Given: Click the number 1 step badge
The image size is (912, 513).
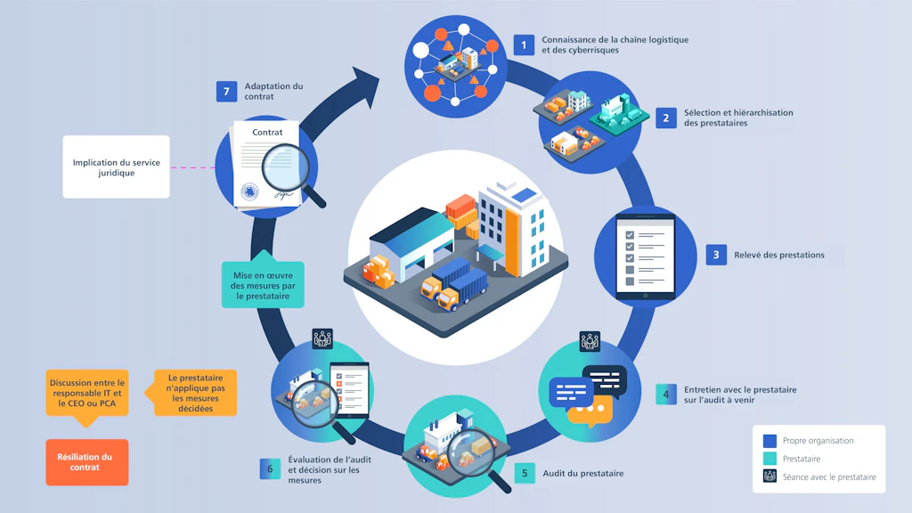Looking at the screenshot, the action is point(524,45).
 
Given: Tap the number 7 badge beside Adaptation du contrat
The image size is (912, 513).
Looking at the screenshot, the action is point(226,92).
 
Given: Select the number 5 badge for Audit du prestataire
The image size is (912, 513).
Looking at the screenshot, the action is point(525,473).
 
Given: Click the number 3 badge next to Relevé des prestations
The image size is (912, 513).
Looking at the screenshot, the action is point(716,255).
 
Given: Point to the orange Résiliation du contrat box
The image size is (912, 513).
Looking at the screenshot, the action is point(87,462).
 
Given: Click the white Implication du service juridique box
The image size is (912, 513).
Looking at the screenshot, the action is point(117,167).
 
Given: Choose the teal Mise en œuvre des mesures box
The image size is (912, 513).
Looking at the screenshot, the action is point(263,283).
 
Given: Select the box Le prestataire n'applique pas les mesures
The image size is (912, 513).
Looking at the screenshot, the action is point(194,393).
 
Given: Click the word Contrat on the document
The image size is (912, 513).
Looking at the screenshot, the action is point(267,132).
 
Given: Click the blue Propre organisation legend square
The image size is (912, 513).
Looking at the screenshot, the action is point(769,441).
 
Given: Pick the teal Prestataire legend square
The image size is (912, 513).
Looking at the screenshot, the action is point(769,459).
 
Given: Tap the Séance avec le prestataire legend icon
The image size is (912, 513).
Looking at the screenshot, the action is point(769,476).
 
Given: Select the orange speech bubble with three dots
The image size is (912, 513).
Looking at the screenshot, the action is point(590,411).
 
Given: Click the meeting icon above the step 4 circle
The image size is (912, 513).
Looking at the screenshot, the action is point(590,341).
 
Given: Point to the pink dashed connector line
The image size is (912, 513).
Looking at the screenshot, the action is point(192,167).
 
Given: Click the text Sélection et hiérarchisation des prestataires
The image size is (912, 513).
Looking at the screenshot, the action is point(738,118).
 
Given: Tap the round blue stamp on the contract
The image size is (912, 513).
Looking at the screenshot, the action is point(249,191).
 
